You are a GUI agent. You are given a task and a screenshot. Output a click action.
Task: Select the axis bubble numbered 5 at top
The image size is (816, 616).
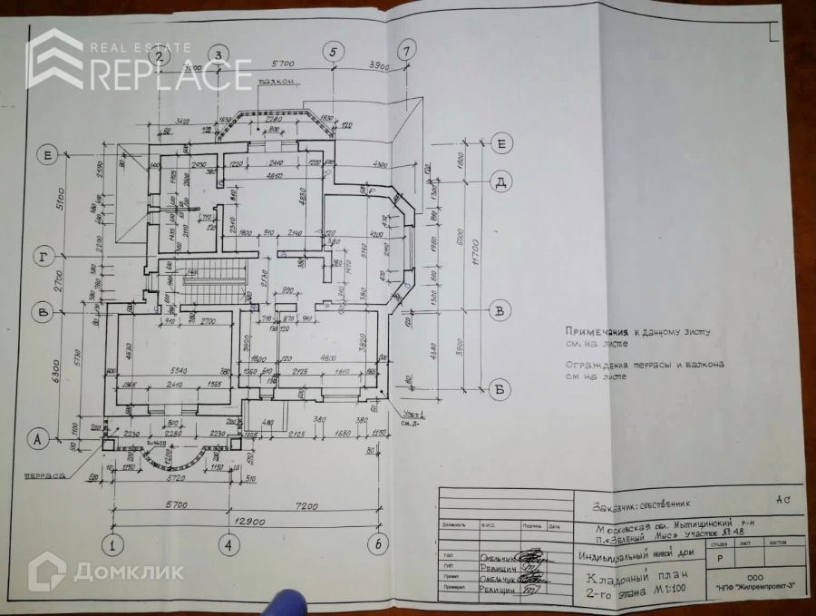(334, 51)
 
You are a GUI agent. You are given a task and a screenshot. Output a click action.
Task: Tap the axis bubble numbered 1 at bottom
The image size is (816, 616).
(112, 545)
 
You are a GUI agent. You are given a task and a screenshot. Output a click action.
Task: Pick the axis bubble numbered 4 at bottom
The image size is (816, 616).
(228, 545)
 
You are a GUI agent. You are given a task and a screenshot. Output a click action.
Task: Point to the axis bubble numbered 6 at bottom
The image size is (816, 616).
(377, 545)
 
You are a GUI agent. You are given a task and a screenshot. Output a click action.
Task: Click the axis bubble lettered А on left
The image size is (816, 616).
(38, 439)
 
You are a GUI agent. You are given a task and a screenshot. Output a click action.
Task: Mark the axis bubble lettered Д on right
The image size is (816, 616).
(500, 182)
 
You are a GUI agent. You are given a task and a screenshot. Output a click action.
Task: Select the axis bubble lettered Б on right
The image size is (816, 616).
(500, 391)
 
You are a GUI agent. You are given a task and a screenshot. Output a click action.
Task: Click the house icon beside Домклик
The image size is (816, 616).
(46, 571)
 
